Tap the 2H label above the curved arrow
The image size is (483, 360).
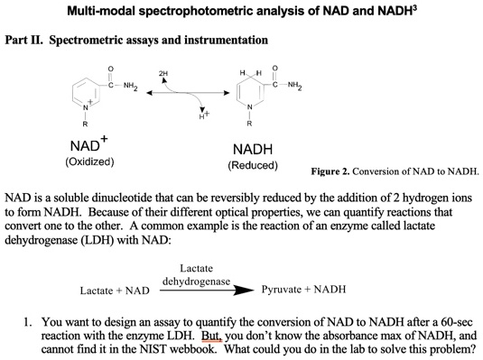point(163,72)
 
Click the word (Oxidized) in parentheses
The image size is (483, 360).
point(88,162)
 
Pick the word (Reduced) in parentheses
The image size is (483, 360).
point(253,166)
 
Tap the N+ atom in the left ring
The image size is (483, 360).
point(85,109)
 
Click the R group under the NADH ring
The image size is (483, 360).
point(248,125)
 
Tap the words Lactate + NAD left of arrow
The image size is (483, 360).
point(114,291)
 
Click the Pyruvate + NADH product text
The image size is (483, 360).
point(302,291)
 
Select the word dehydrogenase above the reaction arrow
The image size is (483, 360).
point(196,282)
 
